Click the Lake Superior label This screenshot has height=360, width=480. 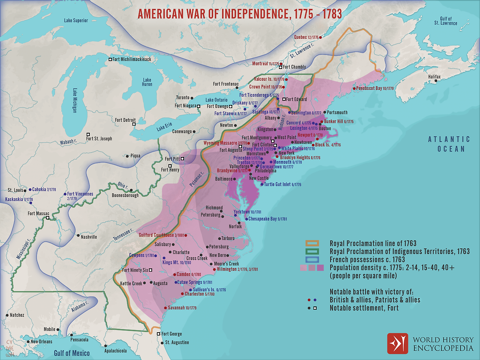(x=76, y=21)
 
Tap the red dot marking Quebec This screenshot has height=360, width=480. (x=320, y=37)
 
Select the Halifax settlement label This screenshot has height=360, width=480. (x=434, y=77)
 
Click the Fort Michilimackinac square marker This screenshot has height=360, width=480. (x=110, y=60)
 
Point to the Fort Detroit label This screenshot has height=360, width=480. (x=125, y=120)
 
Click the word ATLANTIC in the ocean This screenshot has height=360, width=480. (x=449, y=139)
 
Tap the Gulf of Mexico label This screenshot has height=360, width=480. (x=72, y=353)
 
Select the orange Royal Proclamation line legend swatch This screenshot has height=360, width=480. (x=312, y=243)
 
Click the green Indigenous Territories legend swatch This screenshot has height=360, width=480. (x=312, y=252)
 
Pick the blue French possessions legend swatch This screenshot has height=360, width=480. (x=312, y=259)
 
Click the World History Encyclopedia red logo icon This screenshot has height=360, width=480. (x=397, y=343)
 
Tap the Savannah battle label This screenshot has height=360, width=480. (x=182, y=308)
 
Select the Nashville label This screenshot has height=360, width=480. (x=89, y=237)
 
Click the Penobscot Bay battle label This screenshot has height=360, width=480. (x=375, y=88)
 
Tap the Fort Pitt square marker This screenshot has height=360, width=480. (x=183, y=159)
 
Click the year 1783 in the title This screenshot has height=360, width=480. (x=332, y=14)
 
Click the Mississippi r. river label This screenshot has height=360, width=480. (x=23, y=248)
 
